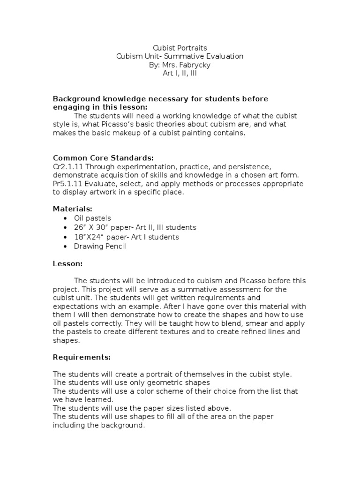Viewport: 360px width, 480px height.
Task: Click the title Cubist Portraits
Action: (180, 48)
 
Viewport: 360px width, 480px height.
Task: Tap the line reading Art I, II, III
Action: (180, 73)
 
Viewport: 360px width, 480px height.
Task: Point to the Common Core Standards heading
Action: (103, 157)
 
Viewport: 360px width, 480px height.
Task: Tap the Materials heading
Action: (72, 209)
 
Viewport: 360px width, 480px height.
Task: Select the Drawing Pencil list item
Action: (100, 246)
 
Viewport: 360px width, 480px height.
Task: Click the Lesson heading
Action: (67, 264)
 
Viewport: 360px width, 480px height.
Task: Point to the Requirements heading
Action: (82, 357)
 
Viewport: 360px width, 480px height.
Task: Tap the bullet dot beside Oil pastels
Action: (64, 218)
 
